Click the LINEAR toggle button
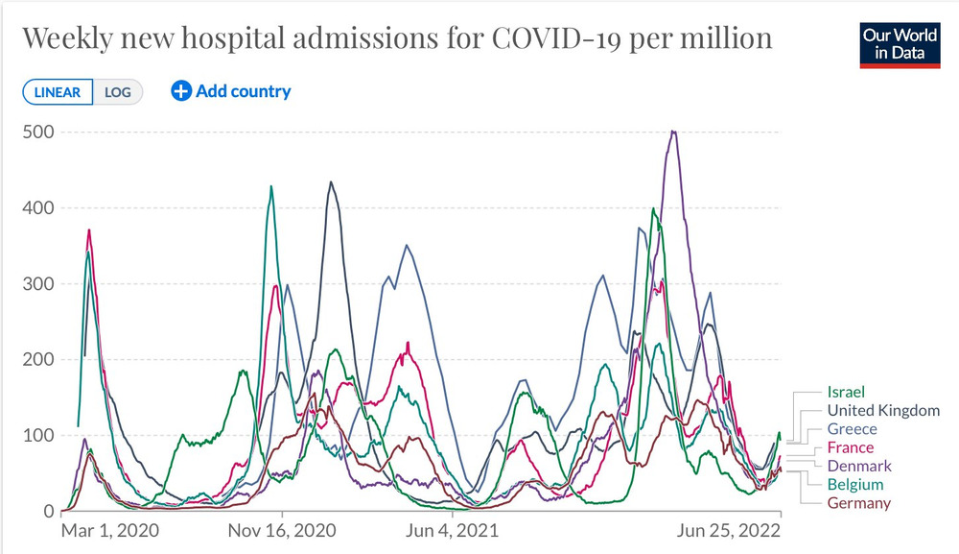tap(58, 92)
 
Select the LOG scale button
tap(118, 92)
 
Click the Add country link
tap(231, 91)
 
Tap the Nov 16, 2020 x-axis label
tap(282, 530)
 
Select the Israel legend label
tap(846, 392)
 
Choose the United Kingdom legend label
tap(883, 410)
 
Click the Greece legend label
tap(852, 429)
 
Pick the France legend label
tap(851, 447)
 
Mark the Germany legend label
tap(858, 503)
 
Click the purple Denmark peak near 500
tap(674, 132)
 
